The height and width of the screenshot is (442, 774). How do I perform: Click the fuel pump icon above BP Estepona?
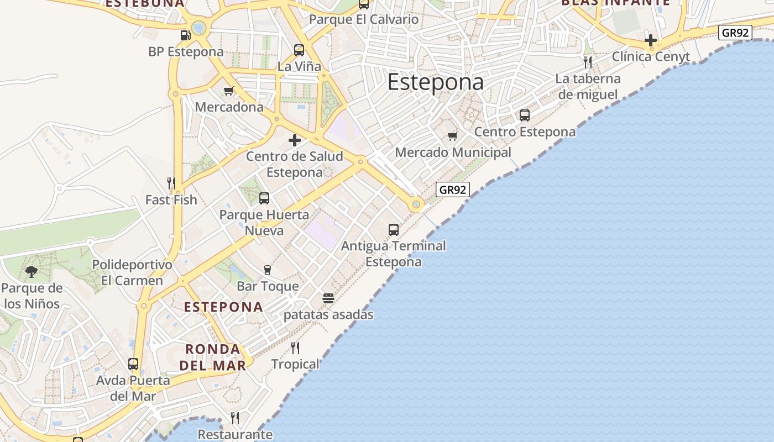pyautogui.click(x=185, y=35)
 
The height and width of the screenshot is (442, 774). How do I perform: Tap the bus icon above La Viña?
pyautogui.click(x=299, y=50)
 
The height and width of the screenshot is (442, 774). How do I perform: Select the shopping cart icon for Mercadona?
pyautogui.click(x=228, y=91)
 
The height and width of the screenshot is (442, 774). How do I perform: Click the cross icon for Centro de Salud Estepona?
pyautogui.click(x=295, y=140)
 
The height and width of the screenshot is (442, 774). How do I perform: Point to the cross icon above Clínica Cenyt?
pyautogui.click(x=651, y=40)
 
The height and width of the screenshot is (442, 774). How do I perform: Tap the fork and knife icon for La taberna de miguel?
pyautogui.click(x=588, y=62)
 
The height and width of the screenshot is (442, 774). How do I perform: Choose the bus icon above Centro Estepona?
pyautogui.click(x=525, y=115)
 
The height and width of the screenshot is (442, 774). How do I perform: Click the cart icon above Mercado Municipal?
pyautogui.click(x=453, y=136)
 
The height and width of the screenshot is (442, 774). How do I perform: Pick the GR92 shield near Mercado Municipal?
pyautogui.click(x=453, y=190)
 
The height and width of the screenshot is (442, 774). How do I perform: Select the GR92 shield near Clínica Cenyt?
pyautogui.click(x=735, y=33)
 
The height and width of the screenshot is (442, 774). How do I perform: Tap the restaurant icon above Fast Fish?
pyautogui.click(x=171, y=183)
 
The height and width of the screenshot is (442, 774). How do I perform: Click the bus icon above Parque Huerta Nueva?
pyautogui.click(x=264, y=198)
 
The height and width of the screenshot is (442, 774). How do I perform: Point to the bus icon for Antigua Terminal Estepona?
pyautogui.click(x=394, y=230)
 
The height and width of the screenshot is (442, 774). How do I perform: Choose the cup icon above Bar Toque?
pyautogui.click(x=268, y=270)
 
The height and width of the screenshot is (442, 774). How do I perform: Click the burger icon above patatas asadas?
pyautogui.click(x=328, y=298)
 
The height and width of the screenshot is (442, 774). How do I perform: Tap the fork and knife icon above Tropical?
pyautogui.click(x=295, y=348)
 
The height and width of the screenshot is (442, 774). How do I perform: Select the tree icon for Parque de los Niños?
pyautogui.click(x=32, y=272)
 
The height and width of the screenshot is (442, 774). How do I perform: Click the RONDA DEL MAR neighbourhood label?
pyautogui.click(x=213, y=357)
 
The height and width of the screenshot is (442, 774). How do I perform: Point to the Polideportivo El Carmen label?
pyautogui.click(x=132, y=272)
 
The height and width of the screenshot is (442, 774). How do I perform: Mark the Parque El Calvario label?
pyautogui.click(x=364, y=19)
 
